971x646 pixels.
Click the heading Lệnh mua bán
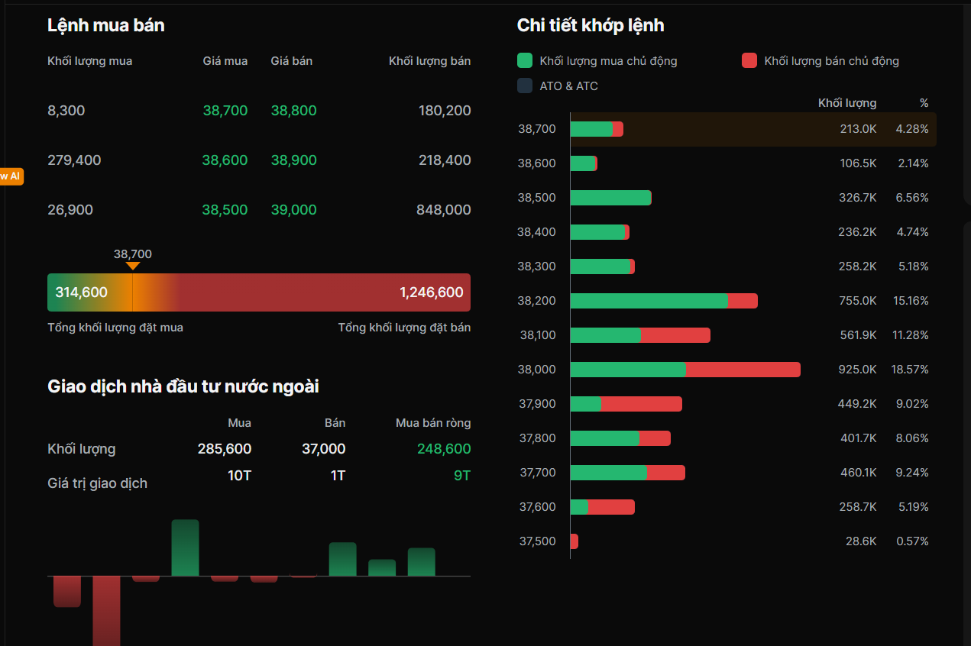[105, 25]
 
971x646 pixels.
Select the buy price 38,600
[225, 160]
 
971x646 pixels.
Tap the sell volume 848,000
[443, 210]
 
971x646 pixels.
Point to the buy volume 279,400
[74, 160]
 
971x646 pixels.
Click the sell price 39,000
[293, 210]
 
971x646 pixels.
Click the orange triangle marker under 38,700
[133, 266]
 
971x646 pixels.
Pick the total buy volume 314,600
[81, 292]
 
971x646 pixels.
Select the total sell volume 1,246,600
[431, 292]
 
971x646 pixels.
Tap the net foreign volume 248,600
[443, 449]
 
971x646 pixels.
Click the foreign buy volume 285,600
[225, 449]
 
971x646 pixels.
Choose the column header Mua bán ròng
[432, 423]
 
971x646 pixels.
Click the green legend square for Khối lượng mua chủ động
[525, 60]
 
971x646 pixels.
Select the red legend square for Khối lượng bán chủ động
[749, 60]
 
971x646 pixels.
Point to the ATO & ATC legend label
[568, 86]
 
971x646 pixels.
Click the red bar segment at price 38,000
[743, 370]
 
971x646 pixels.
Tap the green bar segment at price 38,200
[649, 301]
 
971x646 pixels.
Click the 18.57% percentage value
[909, 370]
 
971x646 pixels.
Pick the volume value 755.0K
[857, 301]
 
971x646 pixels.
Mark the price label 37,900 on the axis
[537, 404]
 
